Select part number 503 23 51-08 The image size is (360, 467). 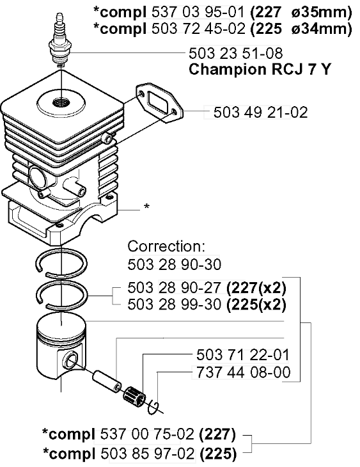[236, 54]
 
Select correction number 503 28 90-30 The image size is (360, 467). [171, 263]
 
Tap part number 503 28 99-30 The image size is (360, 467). [171, 303]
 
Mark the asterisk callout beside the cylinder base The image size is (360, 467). [147, 207]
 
